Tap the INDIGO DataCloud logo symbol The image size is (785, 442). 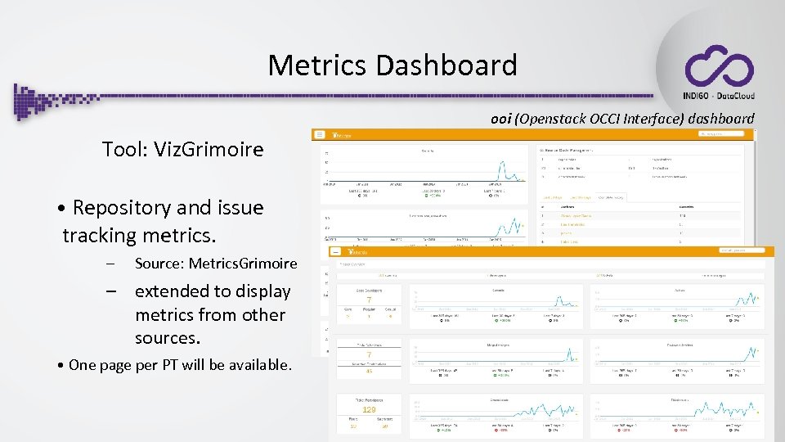click(x=719, y=66)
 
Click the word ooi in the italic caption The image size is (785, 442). click(x=500, y=119)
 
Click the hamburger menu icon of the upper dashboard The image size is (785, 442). click(x=320, y=134)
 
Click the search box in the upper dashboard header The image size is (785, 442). click(x=720, y=133)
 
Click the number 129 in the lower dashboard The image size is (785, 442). click(x=369, y=409)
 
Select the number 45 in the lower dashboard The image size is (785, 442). click(x=369, y=370)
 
